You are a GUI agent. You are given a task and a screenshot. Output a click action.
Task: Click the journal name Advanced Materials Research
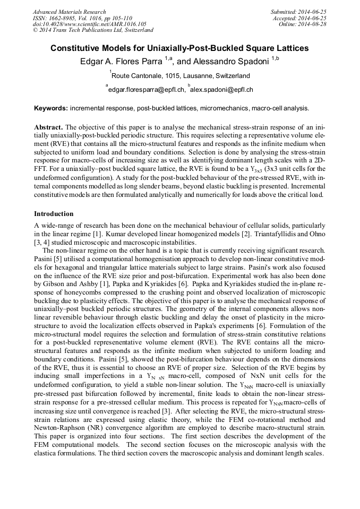pos(69,12)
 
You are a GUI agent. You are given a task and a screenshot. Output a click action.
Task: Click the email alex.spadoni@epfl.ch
pos(222,90)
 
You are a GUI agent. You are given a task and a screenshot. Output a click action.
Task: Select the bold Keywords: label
pos(50,108)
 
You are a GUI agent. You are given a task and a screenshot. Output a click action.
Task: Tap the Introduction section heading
pos(54,214)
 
